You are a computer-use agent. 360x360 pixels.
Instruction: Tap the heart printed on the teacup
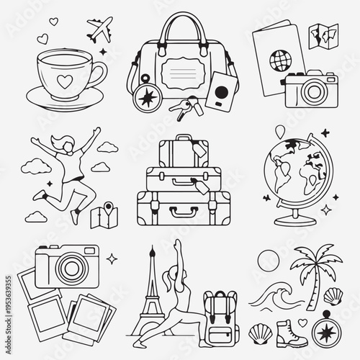click(64, 80)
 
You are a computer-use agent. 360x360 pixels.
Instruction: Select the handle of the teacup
click(99, 73)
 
